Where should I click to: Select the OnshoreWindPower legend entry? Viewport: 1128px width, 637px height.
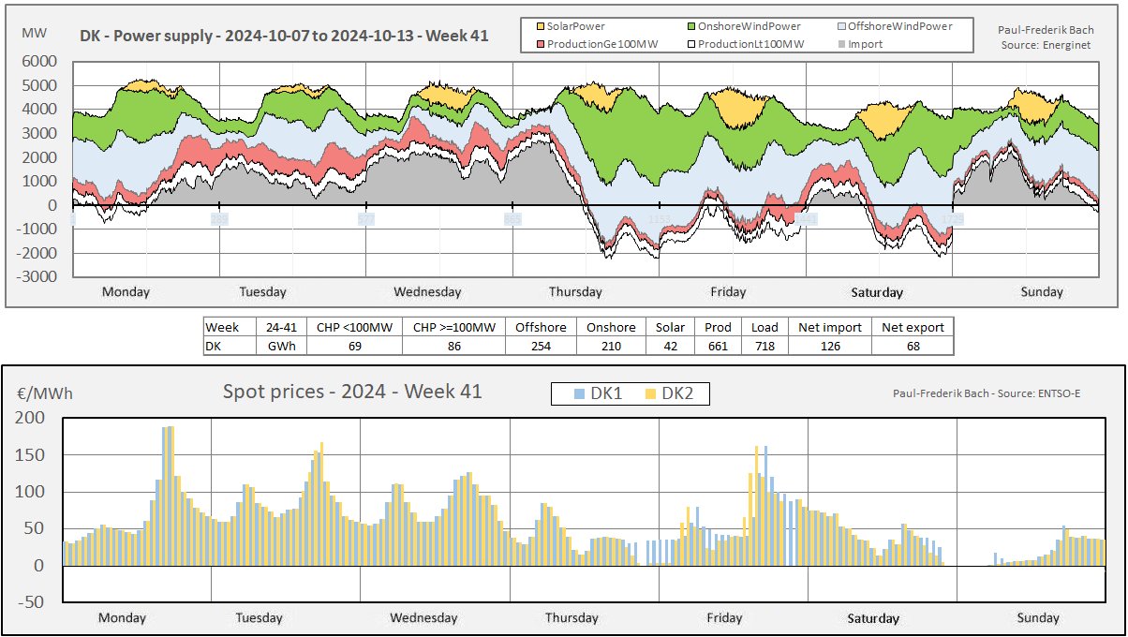[741, 26]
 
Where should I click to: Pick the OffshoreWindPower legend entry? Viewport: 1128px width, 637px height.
[894, 26]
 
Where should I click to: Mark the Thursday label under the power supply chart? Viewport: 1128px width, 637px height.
[575, 291]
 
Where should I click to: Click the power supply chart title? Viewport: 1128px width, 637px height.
[284, 37]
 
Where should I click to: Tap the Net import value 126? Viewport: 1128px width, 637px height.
[829, 346]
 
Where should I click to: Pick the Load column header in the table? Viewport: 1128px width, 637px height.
[764, 327]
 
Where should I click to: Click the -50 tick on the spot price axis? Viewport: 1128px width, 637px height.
[35, 601]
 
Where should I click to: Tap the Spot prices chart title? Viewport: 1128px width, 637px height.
[352, 392]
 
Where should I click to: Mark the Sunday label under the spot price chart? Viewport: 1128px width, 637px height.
[1038, 617]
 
